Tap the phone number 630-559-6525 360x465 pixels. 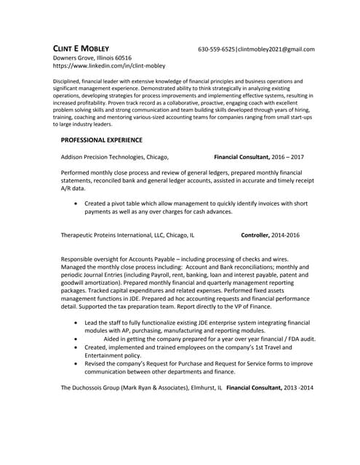(x=217, y=49)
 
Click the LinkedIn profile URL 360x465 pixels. (x=109, y=65)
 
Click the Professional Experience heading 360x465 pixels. (x=101, y=139)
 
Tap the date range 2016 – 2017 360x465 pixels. (x=287, y=156)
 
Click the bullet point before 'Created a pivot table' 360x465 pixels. (x=78, y=204)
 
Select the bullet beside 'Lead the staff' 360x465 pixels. (x=78, y=323)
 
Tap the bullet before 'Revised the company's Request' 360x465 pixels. (x=78, y=363)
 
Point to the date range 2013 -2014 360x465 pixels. (x=299, y=388)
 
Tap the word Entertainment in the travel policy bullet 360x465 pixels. (x=109, y=355)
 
